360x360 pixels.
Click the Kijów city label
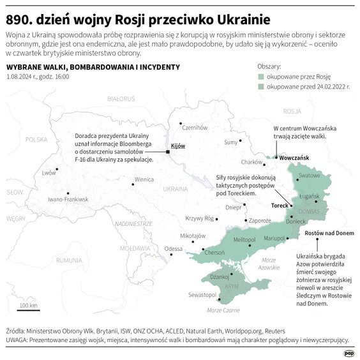(x=178, y=146)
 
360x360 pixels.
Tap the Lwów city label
(x=49, y=173)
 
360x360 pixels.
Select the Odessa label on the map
(x=173, y=248)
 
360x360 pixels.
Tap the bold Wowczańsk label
(x=294, y=157)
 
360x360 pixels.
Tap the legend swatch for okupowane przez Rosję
(x=261, y=75)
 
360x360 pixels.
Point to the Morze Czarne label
(x=223, y=310)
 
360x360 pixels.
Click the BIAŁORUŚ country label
(x=123, y=99)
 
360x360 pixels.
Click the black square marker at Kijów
(x=168, y=152)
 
